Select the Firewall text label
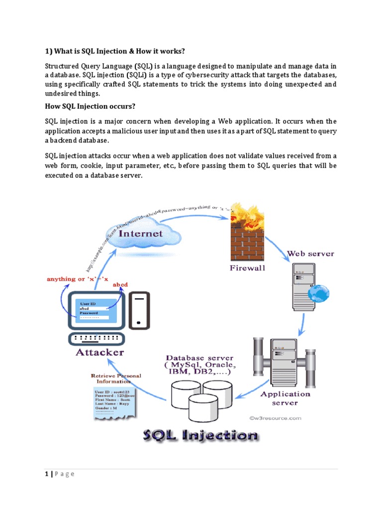248,267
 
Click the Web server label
311,254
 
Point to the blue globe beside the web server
318,294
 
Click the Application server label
285,398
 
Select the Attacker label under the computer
99,352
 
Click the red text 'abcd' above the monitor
121,284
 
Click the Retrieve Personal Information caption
116,379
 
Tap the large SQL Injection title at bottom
200,436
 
